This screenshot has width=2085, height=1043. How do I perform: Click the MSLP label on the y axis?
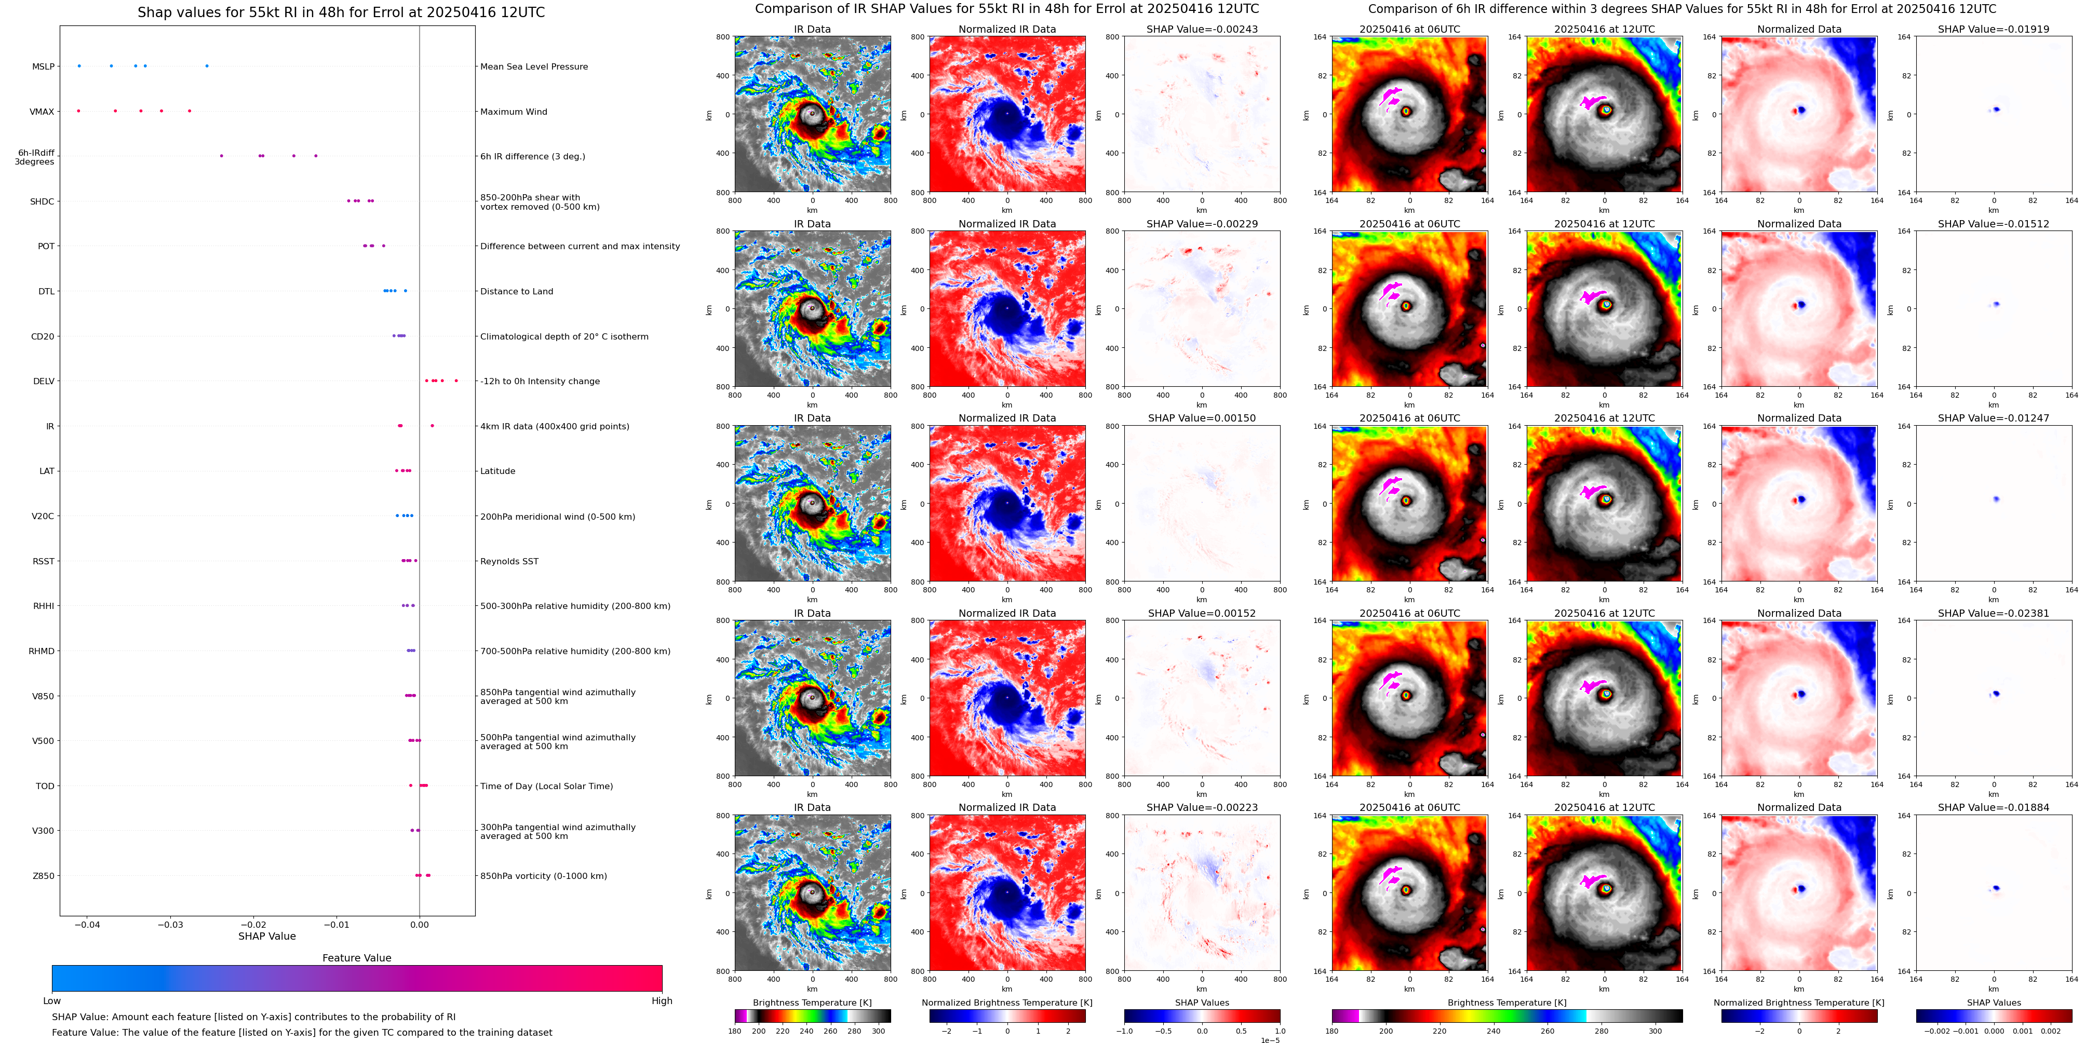point(43,66)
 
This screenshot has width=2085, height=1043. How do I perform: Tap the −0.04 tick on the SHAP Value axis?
point(87,924)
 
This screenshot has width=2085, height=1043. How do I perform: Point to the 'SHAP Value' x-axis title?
point(266,936)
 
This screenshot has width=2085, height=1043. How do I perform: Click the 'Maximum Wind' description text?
point(513,112)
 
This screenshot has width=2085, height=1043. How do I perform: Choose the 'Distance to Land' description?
point(516,291)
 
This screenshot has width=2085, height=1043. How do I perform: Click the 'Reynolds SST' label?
point(509,562)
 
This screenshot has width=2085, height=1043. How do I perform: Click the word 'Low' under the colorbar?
point(52,1001)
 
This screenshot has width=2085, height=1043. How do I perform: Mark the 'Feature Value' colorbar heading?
point(356,958)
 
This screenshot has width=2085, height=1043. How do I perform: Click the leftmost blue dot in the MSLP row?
point(79,65)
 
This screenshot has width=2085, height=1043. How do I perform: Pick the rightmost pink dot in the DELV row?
point(456,381)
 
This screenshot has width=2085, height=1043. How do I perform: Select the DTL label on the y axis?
point(46,291)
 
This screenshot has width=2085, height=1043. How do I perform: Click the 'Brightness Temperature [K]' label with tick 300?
point(812,1003)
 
